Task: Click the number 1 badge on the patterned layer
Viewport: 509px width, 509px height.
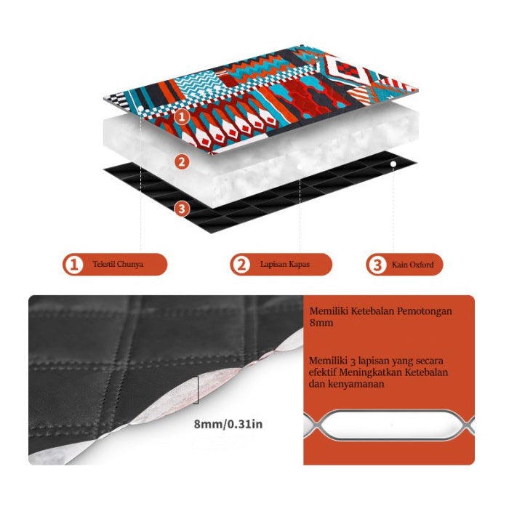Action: point(182,116)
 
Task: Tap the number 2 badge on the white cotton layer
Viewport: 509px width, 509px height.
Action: point(182,161)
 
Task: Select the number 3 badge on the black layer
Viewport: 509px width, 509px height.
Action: point(182,209)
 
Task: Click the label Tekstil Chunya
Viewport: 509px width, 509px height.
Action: point(118,264)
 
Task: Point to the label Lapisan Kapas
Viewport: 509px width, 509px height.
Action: point(285,264)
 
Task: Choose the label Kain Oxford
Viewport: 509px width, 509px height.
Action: point(412,265)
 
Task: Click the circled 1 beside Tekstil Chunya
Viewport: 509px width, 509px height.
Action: point(74,264)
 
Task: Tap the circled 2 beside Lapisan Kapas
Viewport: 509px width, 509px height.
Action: point(241,264)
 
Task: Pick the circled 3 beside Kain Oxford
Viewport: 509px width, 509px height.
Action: point(377,265)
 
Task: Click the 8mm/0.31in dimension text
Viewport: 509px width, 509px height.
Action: point(228,424)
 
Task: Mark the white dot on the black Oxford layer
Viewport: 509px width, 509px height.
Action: point(393,164)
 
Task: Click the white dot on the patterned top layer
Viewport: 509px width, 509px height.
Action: point(141,108)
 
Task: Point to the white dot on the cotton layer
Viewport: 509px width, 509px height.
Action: point(300,167)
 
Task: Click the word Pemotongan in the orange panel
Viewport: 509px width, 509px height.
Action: point(425,311)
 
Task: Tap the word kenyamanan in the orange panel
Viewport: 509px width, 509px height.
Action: point(356,384)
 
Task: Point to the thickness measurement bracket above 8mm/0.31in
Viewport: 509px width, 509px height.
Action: point(197,390)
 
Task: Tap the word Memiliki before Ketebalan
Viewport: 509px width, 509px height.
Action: point(329,311)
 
